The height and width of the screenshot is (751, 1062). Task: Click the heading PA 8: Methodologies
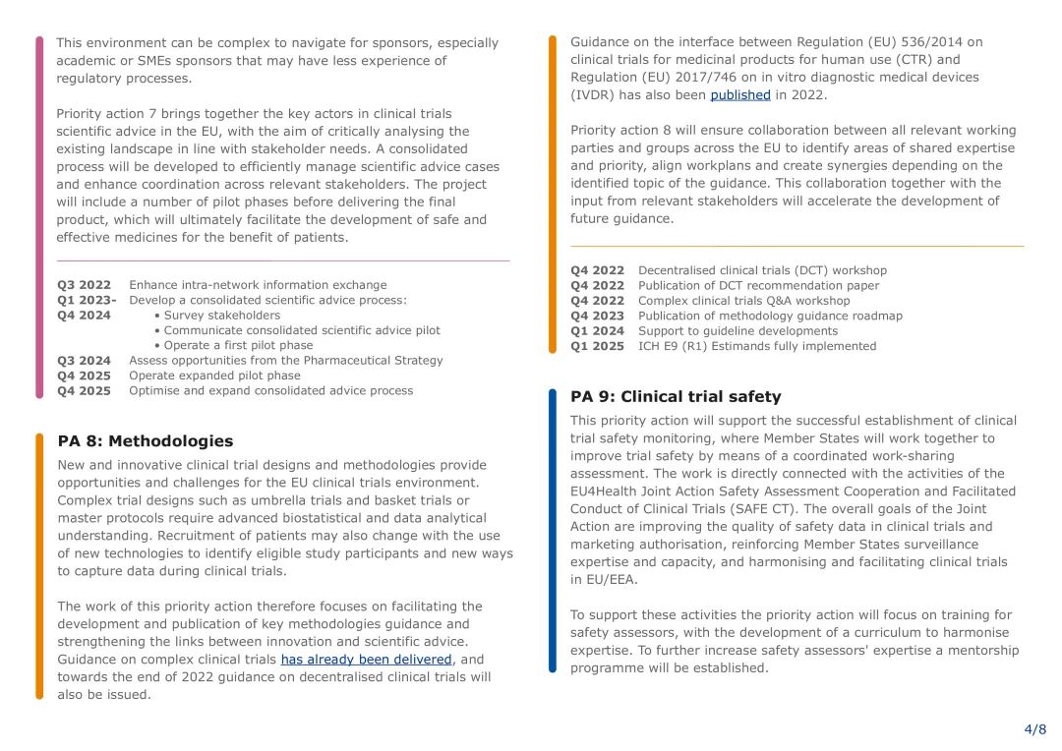146,441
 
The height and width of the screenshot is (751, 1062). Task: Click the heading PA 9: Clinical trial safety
676,397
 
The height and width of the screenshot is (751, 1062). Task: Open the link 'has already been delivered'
366,660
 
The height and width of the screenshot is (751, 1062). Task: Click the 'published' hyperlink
740,95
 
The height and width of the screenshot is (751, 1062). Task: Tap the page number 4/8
1034,729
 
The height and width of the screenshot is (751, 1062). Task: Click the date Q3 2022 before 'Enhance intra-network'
84,285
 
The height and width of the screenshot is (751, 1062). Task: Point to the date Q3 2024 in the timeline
84,361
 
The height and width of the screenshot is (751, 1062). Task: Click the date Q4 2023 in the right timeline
597,317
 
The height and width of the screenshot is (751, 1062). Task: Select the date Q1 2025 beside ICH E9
597,346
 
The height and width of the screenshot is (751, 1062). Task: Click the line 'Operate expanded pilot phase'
214,375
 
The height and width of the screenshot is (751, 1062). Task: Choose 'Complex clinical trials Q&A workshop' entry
743,301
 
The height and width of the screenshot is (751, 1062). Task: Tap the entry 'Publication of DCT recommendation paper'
758,286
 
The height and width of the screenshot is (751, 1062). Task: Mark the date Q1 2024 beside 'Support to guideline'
597,331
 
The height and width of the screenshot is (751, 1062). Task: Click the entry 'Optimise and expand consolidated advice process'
270,390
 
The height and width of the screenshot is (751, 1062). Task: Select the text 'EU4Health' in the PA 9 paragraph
603,491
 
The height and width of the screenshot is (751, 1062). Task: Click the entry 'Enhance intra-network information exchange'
258,285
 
